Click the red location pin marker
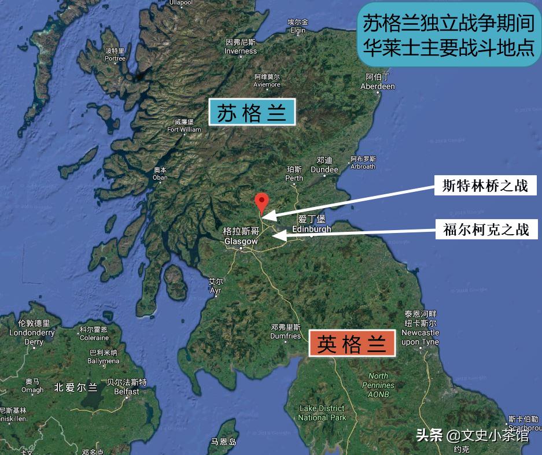262,202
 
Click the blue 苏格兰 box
252,113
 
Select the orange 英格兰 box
352,343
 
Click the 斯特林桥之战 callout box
485,186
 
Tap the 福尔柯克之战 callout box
486,230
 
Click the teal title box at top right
448,35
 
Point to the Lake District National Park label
322,413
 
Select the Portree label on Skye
115,54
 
